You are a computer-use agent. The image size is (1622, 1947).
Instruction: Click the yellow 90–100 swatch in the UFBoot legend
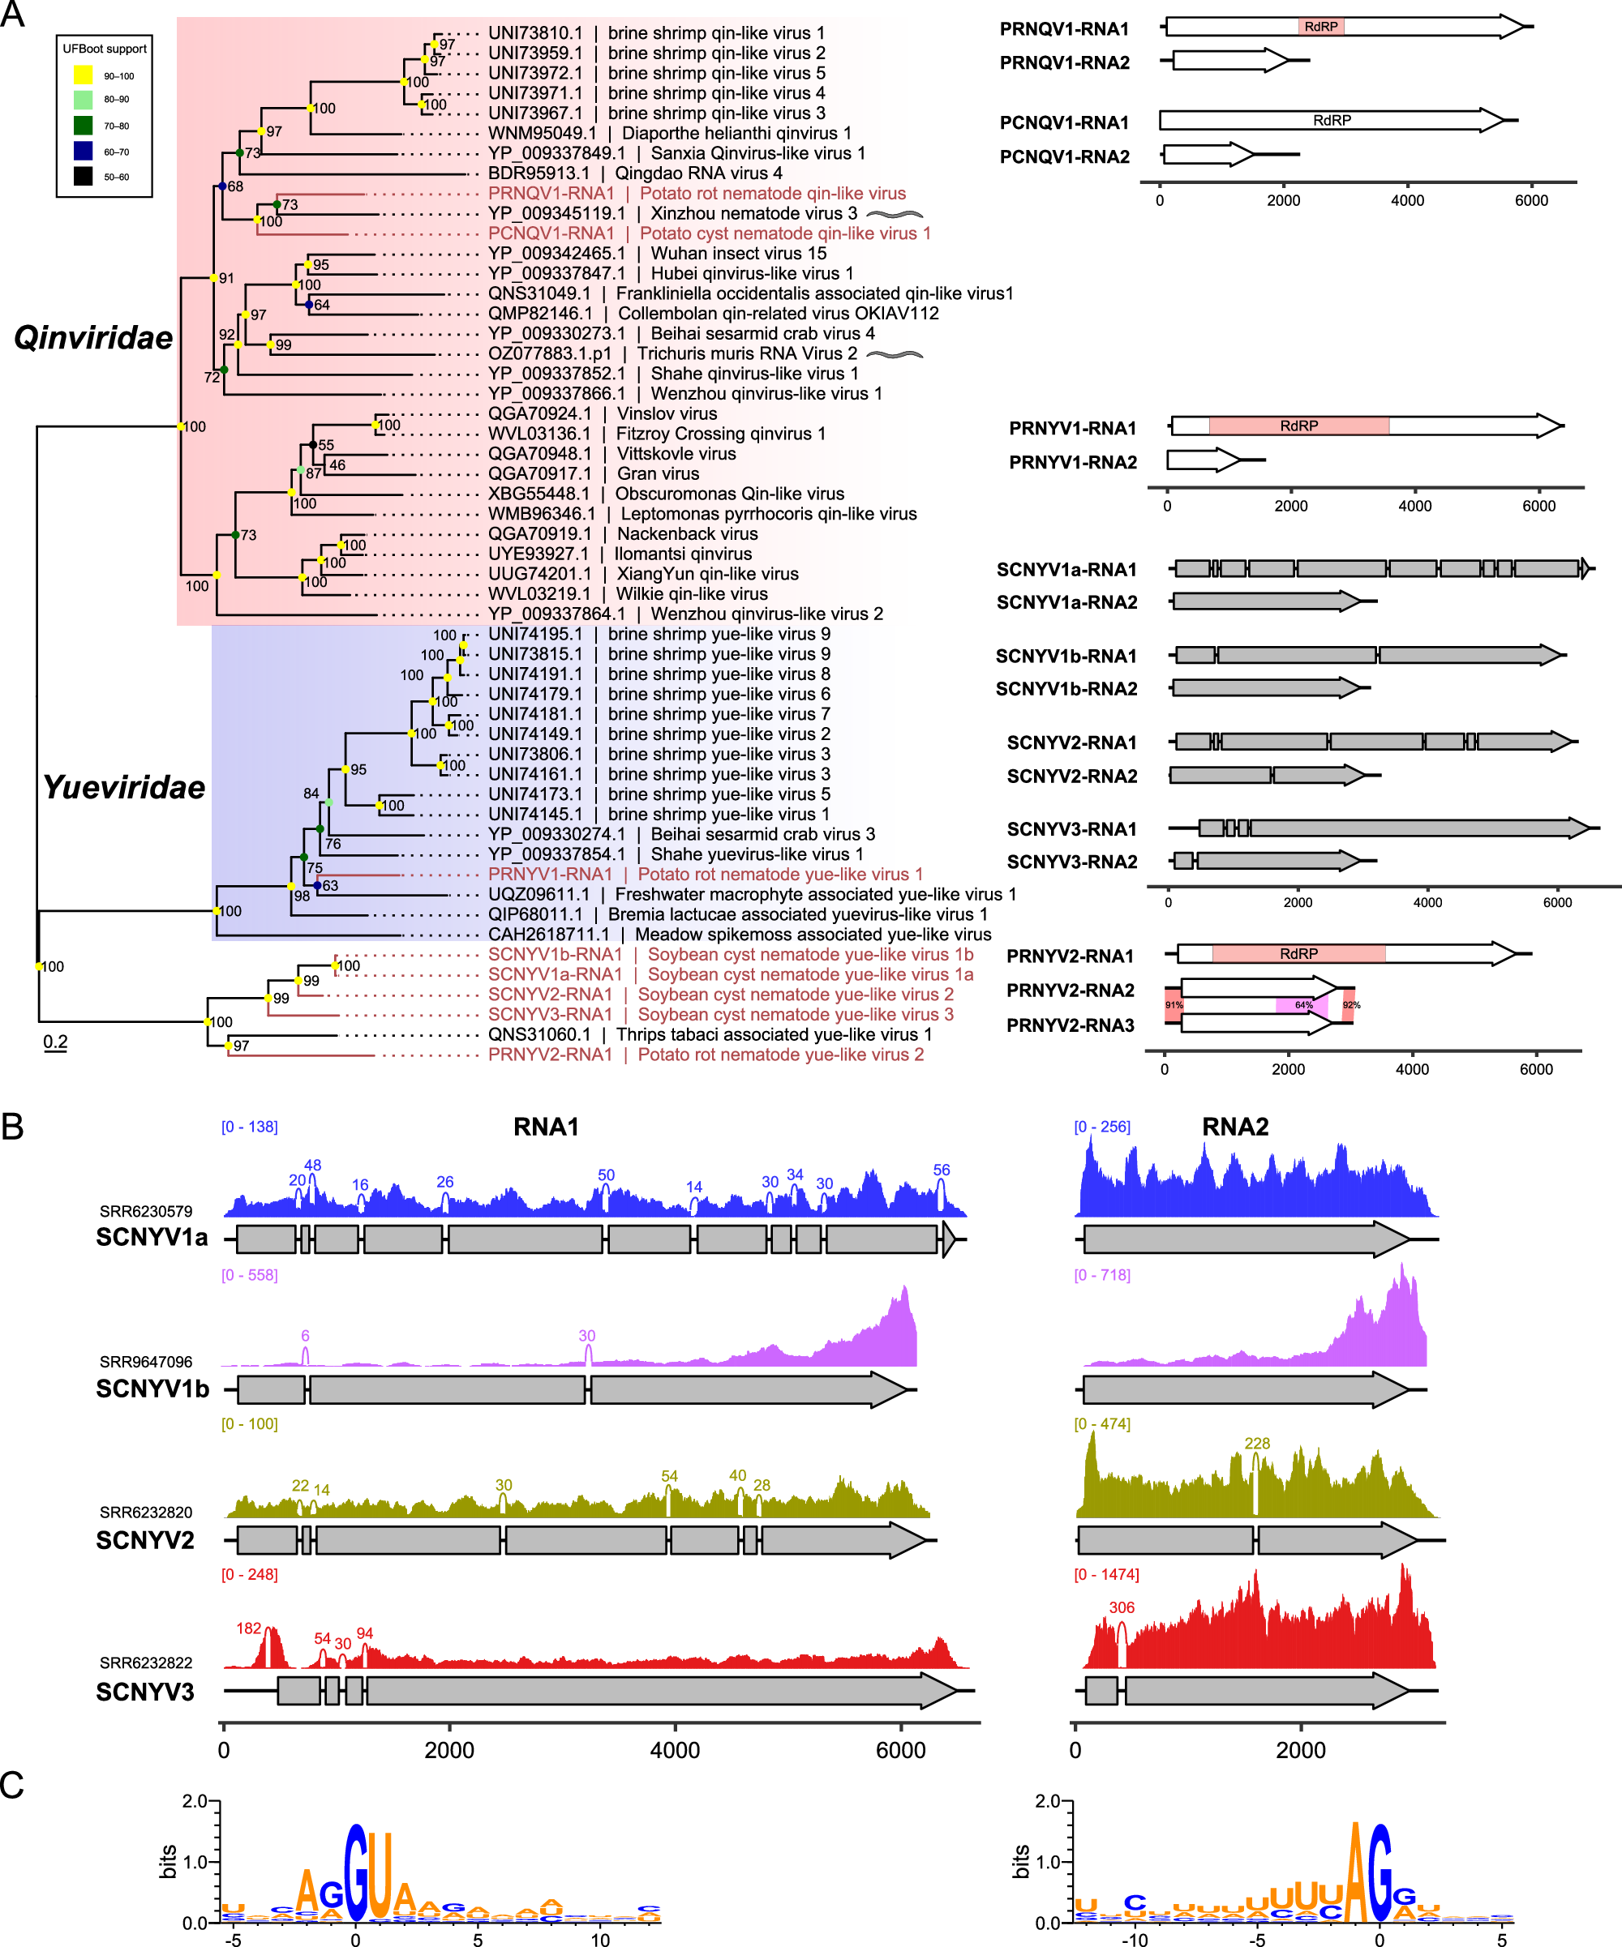(x=84, y=75)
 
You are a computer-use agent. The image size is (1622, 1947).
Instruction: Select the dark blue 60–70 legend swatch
(x=84, y=151)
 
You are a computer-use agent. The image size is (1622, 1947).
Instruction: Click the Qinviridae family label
(x=92, y=337)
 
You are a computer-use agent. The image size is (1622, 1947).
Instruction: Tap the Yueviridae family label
(x=123, y=787)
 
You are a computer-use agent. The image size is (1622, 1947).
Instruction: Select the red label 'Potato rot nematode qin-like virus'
(x=773, y=194)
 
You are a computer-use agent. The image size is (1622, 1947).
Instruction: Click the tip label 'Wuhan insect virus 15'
(x=738, y=253)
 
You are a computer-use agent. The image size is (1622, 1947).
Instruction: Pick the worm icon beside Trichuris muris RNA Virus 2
(x=894, y=354)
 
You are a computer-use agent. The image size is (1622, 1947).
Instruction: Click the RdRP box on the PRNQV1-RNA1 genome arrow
(x=1320, y=26)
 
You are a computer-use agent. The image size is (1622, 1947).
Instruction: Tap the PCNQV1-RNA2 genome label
(x=1064, y=156)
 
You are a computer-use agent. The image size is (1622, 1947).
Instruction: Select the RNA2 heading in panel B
(x=1234, y=1127)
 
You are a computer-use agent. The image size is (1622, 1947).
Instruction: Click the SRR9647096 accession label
(x=146, y=1362)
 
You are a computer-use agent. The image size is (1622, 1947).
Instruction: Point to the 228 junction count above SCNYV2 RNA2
(x=1256, y=1444)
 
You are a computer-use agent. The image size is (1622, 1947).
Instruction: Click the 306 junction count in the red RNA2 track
(x=1122, y=1607)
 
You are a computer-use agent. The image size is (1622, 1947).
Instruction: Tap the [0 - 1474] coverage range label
(x=1105, y=1574)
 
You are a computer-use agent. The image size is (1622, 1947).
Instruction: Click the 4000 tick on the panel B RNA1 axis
(x=674, y=1751)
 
